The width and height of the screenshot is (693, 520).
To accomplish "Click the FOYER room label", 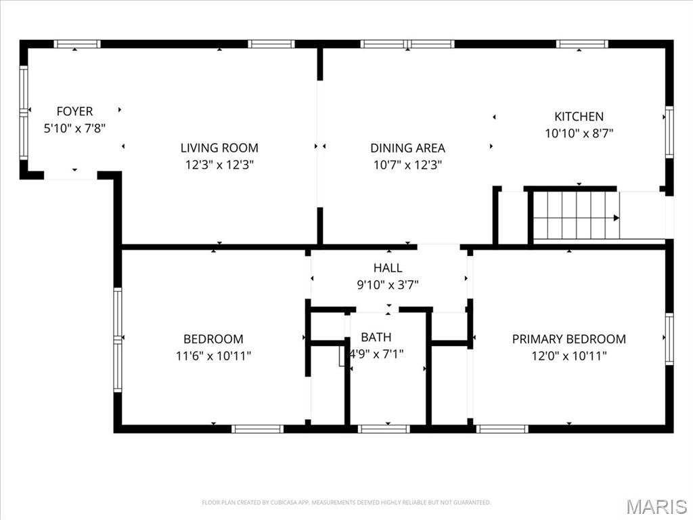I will point(74,112).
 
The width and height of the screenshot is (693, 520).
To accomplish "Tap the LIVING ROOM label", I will point(219,148).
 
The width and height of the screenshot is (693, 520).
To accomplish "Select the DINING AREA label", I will point(407,148).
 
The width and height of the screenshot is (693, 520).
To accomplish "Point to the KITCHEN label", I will point(579,116).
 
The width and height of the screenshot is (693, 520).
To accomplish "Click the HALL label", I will point(388,268).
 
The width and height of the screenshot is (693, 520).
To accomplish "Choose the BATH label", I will point(376,337).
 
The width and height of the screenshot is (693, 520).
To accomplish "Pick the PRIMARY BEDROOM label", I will point(568,339).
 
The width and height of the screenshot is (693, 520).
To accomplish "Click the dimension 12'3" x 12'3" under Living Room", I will point(219,164).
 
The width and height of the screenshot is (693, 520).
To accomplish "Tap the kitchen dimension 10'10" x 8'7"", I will point(579,133).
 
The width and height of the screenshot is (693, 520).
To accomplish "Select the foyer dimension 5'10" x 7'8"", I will point(74,128).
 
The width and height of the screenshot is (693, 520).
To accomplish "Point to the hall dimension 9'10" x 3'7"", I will point(388,285).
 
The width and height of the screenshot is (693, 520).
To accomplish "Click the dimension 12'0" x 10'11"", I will point(568,355).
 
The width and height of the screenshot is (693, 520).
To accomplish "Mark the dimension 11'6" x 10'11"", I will point(213,355).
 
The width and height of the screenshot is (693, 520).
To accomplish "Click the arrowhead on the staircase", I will point(616,218).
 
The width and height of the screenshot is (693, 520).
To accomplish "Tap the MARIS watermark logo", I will point(656,506).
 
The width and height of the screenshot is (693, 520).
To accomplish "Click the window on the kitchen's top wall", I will point(582,44).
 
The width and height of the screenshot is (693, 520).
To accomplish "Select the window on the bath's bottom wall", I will point(384,429).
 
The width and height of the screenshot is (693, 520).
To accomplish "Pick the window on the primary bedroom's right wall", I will point(669,339).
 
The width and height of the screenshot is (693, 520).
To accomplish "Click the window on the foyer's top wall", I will point(77,44).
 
